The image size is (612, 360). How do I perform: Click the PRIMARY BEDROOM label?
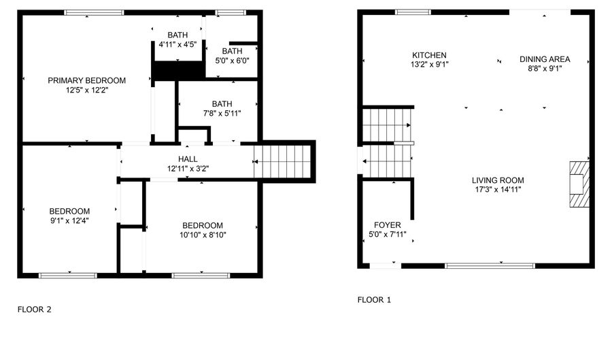pos(86,80)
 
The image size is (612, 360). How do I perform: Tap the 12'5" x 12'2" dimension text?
pos(86,91)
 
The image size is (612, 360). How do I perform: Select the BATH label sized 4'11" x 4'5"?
pos(177,35)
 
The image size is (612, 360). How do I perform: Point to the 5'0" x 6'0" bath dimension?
pos(233,61)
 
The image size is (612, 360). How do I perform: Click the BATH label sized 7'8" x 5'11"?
pos(222,104)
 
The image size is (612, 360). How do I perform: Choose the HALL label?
pos(188,159)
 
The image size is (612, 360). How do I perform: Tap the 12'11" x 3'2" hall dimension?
pos(188,169)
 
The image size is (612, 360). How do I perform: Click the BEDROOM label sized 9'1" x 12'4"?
pos(69,211)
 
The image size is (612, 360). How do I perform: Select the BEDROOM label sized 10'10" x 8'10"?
pos(203,225)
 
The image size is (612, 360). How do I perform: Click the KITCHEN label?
pos(429,55)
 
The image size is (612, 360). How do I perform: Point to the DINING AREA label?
pos(545,59)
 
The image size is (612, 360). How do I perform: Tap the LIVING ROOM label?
pos(498,180)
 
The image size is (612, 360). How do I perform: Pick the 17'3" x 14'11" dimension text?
pos(498,190)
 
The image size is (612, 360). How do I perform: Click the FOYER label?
pos(387,225)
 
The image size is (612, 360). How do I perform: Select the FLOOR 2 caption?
pos(35,309)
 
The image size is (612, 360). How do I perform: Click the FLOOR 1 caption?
pos(374,299)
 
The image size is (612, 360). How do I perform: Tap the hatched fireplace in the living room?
pos(579,184)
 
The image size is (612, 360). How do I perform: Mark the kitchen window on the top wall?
pos(413,12)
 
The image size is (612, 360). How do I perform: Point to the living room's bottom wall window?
pos(490,266)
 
